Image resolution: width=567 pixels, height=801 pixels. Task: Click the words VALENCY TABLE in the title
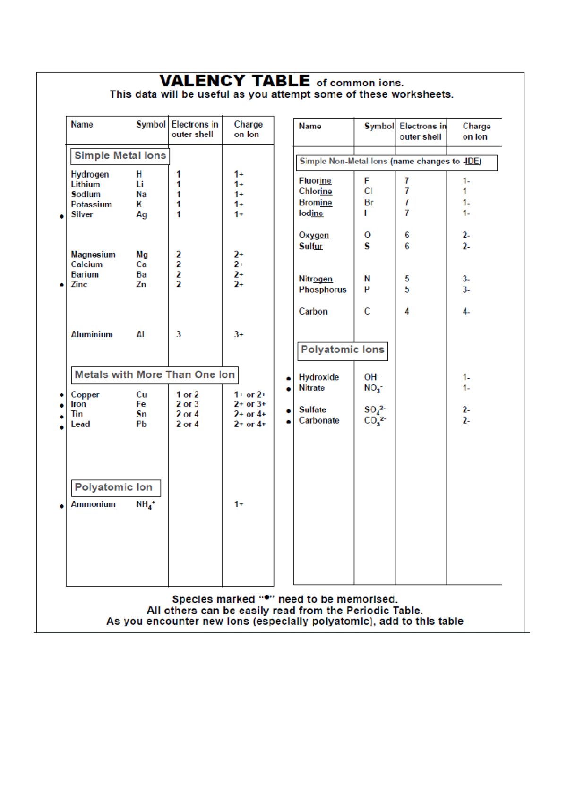click(x=235, y=81)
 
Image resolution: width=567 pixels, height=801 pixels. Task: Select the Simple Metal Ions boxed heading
click(x=120, y=156)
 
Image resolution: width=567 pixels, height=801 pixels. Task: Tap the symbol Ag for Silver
click(x=141, y=215)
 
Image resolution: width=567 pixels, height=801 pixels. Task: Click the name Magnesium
click(x=93, y=255)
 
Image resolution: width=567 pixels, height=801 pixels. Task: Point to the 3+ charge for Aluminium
click(x=239, y=334)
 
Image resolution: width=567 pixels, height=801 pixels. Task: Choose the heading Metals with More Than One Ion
click(x=155, y=375)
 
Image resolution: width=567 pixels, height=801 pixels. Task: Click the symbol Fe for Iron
click(x=141, y=404)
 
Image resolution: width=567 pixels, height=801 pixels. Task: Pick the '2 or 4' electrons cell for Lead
click(x=187, y=424)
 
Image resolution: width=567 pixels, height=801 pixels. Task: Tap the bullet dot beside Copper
click(x=62, y=395)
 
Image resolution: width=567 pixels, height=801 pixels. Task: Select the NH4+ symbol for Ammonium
click(x=145, y=505)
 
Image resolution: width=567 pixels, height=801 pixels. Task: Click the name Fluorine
click(x=315, y=181)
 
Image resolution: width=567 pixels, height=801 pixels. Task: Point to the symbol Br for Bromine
click(x=369, y=203)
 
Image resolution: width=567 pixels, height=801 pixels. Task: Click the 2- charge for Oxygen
click(x=466, y=235)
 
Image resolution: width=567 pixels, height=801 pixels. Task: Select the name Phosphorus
click(x=322, y=290)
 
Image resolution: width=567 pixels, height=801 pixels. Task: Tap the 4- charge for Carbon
click(x=466, y=312)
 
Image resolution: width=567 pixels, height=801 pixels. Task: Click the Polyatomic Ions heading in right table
click(x=343, y=350)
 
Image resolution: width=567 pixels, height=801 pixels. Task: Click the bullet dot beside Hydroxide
click(x=288, y=378)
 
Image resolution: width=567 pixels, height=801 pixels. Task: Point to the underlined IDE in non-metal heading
click(x=472, y=162)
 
